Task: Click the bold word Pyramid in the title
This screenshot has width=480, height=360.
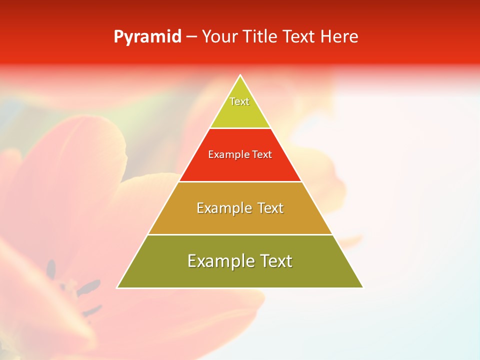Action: pyautogui.click(x=147, y=37)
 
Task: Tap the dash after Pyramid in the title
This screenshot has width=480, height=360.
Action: pyautogui.click(x=191, y=37)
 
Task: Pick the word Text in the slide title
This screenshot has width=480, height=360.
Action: pyautogui.click(x=300, y=37)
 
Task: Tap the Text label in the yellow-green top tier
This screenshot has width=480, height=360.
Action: pyautogui.click(x=239, y=101)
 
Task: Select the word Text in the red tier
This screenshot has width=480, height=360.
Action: pyautogui.click(x=262, y=155)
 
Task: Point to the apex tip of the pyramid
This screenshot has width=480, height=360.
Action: pyautogui.click(x=240, y=75)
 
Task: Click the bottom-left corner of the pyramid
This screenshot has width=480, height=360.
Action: pyautogui.click(x=118, y=287)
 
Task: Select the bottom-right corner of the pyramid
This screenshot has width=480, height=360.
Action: pyautogui.click(x=362, y=287)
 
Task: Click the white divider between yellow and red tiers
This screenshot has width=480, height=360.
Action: pyautogui.click(x=240, y=128)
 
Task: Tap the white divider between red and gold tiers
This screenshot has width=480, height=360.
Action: pyautogui.click(x=240, y=181)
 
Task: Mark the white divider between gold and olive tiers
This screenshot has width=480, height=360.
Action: pyautogui.click(x=240, y=234)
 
